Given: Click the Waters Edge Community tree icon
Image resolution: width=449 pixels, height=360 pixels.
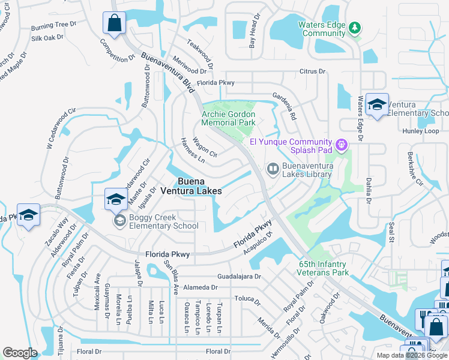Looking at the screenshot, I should [354, 28].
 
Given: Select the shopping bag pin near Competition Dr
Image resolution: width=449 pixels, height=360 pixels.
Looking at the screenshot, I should [114, 25].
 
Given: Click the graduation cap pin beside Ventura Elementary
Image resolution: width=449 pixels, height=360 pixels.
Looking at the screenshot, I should [377, 106].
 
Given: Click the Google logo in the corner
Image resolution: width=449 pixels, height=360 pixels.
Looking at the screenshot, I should [20, 353].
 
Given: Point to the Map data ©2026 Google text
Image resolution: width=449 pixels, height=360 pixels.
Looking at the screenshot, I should [411, 355].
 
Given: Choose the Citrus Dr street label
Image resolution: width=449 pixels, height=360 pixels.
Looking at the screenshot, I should [313, 71].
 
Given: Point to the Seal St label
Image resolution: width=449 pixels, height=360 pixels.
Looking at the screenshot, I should [391, 231].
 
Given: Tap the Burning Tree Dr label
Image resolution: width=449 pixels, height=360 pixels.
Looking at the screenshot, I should [55, 26].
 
